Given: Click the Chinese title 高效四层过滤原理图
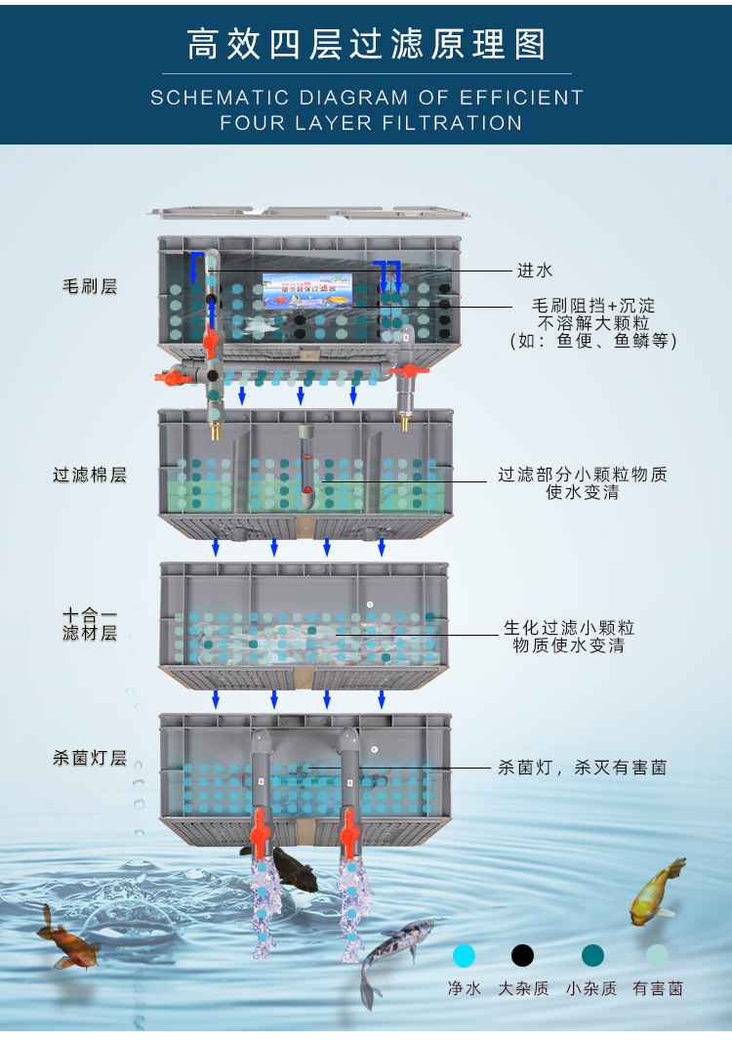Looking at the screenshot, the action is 366,44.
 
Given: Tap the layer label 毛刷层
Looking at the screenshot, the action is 90,286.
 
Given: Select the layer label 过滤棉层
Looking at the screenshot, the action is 90,476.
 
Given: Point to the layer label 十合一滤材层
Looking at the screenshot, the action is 90,625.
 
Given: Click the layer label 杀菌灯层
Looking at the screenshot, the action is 90,758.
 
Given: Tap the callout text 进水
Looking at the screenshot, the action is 535,270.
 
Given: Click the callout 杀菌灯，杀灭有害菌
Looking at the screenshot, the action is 582,768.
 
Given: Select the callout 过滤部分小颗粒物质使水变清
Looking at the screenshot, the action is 583,483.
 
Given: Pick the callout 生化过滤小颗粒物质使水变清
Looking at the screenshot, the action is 568,637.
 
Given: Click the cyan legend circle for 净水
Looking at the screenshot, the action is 465,955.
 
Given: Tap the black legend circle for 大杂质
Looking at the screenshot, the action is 523,955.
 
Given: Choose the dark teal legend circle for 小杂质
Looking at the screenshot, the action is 592,955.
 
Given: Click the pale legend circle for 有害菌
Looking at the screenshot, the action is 658,955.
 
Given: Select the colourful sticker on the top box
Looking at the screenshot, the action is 307,290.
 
